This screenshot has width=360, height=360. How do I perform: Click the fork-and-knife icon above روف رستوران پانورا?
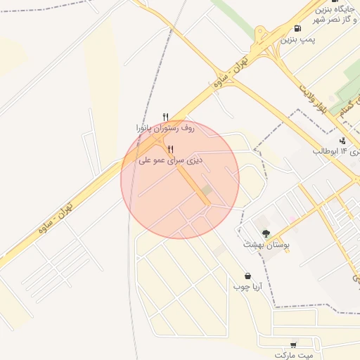[x=166, y=117]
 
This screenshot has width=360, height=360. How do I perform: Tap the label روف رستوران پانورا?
[x=165, y=129]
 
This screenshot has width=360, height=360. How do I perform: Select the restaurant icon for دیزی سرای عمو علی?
[x=171, y=149]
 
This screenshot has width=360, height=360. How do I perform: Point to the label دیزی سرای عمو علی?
[x=171, y=161]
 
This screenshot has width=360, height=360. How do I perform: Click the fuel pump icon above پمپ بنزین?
[x=298, y=29]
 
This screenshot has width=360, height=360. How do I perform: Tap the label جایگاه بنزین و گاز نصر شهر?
[x=333, y=14]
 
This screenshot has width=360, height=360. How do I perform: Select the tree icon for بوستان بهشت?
[x=266, y=233]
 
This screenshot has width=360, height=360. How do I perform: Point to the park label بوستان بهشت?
[x=266, y=245]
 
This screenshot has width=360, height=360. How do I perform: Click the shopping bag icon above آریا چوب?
[x=247, y=276]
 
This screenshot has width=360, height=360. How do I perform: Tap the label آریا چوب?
[x=247, y=287]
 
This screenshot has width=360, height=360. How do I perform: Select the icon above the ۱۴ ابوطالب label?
[x=342, y=141]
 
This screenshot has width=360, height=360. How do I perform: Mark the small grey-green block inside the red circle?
[x=206, y=191]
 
